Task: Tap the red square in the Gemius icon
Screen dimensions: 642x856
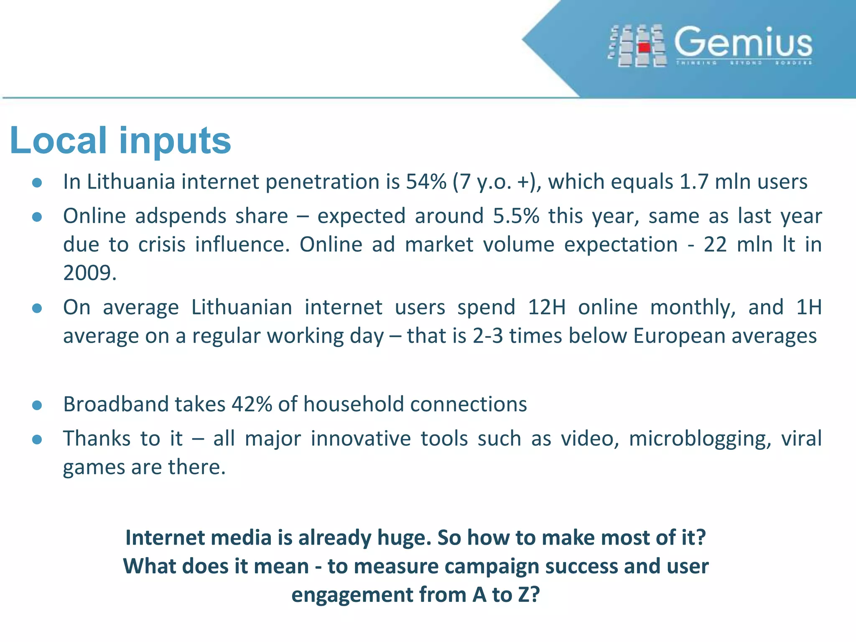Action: [645, 48]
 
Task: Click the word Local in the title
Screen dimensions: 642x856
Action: [58, 140]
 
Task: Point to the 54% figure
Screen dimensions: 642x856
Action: [426, 182]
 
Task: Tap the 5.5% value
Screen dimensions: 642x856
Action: [516, 216]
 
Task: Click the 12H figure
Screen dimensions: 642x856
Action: [547, 307]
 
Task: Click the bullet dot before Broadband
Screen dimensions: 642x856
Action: [37, 405]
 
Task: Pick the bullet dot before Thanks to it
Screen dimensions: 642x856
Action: [37, 440]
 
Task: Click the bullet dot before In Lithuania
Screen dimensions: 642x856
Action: [37, 183]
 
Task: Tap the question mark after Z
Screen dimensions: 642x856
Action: [535, 594]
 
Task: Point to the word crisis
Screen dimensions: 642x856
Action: [162, 245]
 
